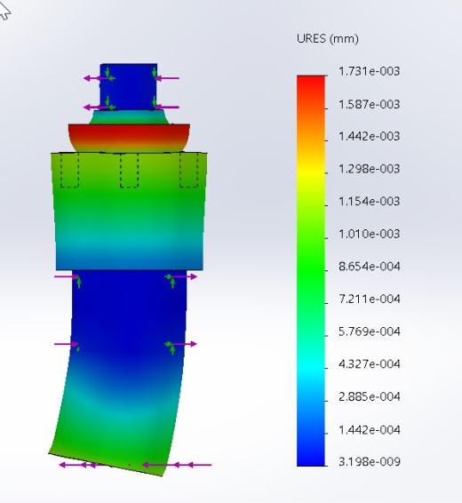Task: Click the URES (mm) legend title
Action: pos(327,38)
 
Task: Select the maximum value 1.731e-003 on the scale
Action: pos(370,71)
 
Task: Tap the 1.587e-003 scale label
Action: pos(370,104)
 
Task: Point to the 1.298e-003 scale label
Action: pos(370,169)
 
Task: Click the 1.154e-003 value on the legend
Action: pos(370,201)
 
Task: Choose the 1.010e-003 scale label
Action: pos(370,234)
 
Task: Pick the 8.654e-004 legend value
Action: pos(370,267)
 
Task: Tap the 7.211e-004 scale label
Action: pos(370,299)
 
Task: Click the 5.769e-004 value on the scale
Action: pos(370,331)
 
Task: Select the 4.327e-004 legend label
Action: pos(370,364)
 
